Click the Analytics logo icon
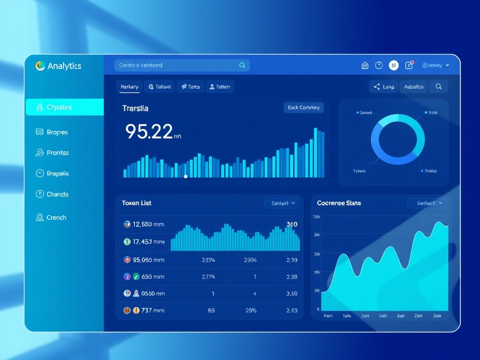tap(40, 66)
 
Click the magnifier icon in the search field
tap(242, 66)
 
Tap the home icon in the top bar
tap(365, 66)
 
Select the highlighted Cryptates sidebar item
tap(65, 107)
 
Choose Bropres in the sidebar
tap(57, 132)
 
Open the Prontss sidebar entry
tap(58, 153)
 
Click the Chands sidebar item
tap(58, 194)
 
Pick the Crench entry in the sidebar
tap(56, 217)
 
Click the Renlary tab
tap(129, 87)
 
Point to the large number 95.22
tap(149, 132)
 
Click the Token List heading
tap(136, 203)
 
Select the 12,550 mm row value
tap(148, 225)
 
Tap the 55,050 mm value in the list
tap(148, 260)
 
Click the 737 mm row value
tap(152, 310)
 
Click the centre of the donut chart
tap(397, 141)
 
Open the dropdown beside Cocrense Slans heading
tap(427, 203)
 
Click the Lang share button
tap(383, 87)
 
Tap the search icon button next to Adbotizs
tap(439, 87)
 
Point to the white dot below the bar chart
tap(186, 177)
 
